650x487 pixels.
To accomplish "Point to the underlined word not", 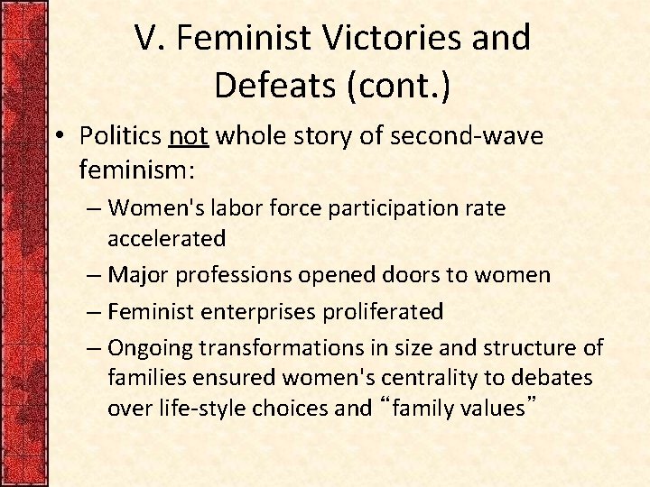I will coord(189,136).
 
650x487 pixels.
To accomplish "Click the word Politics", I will coord(120,136).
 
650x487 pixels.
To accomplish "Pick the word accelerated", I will coord(167,238).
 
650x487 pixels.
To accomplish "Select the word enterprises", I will coord(255,312).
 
